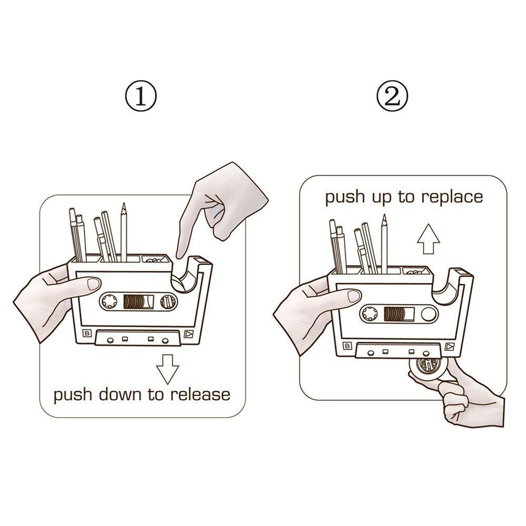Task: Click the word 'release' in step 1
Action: point(199,394)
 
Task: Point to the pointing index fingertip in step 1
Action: point(180,256)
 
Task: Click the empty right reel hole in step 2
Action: point(429,315)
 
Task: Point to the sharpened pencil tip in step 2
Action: point(385,217)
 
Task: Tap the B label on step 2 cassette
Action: point(348,346)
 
